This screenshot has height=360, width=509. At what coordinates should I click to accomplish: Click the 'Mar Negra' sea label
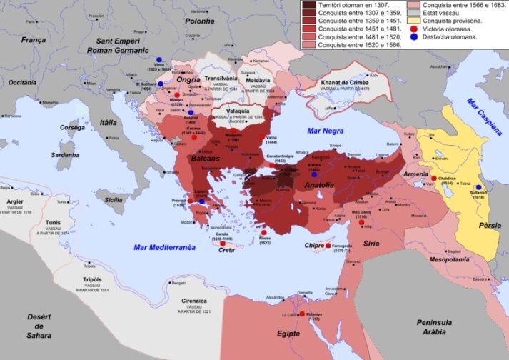(x=325, y=131)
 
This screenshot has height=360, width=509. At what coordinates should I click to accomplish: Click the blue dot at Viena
(x=159, y=60)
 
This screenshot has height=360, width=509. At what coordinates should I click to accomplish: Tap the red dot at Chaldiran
(x=433, y=178)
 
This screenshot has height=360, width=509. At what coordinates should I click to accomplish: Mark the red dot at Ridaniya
(x=302, y=314)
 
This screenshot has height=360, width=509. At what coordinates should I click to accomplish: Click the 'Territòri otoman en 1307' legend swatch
(x=309, y=5)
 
